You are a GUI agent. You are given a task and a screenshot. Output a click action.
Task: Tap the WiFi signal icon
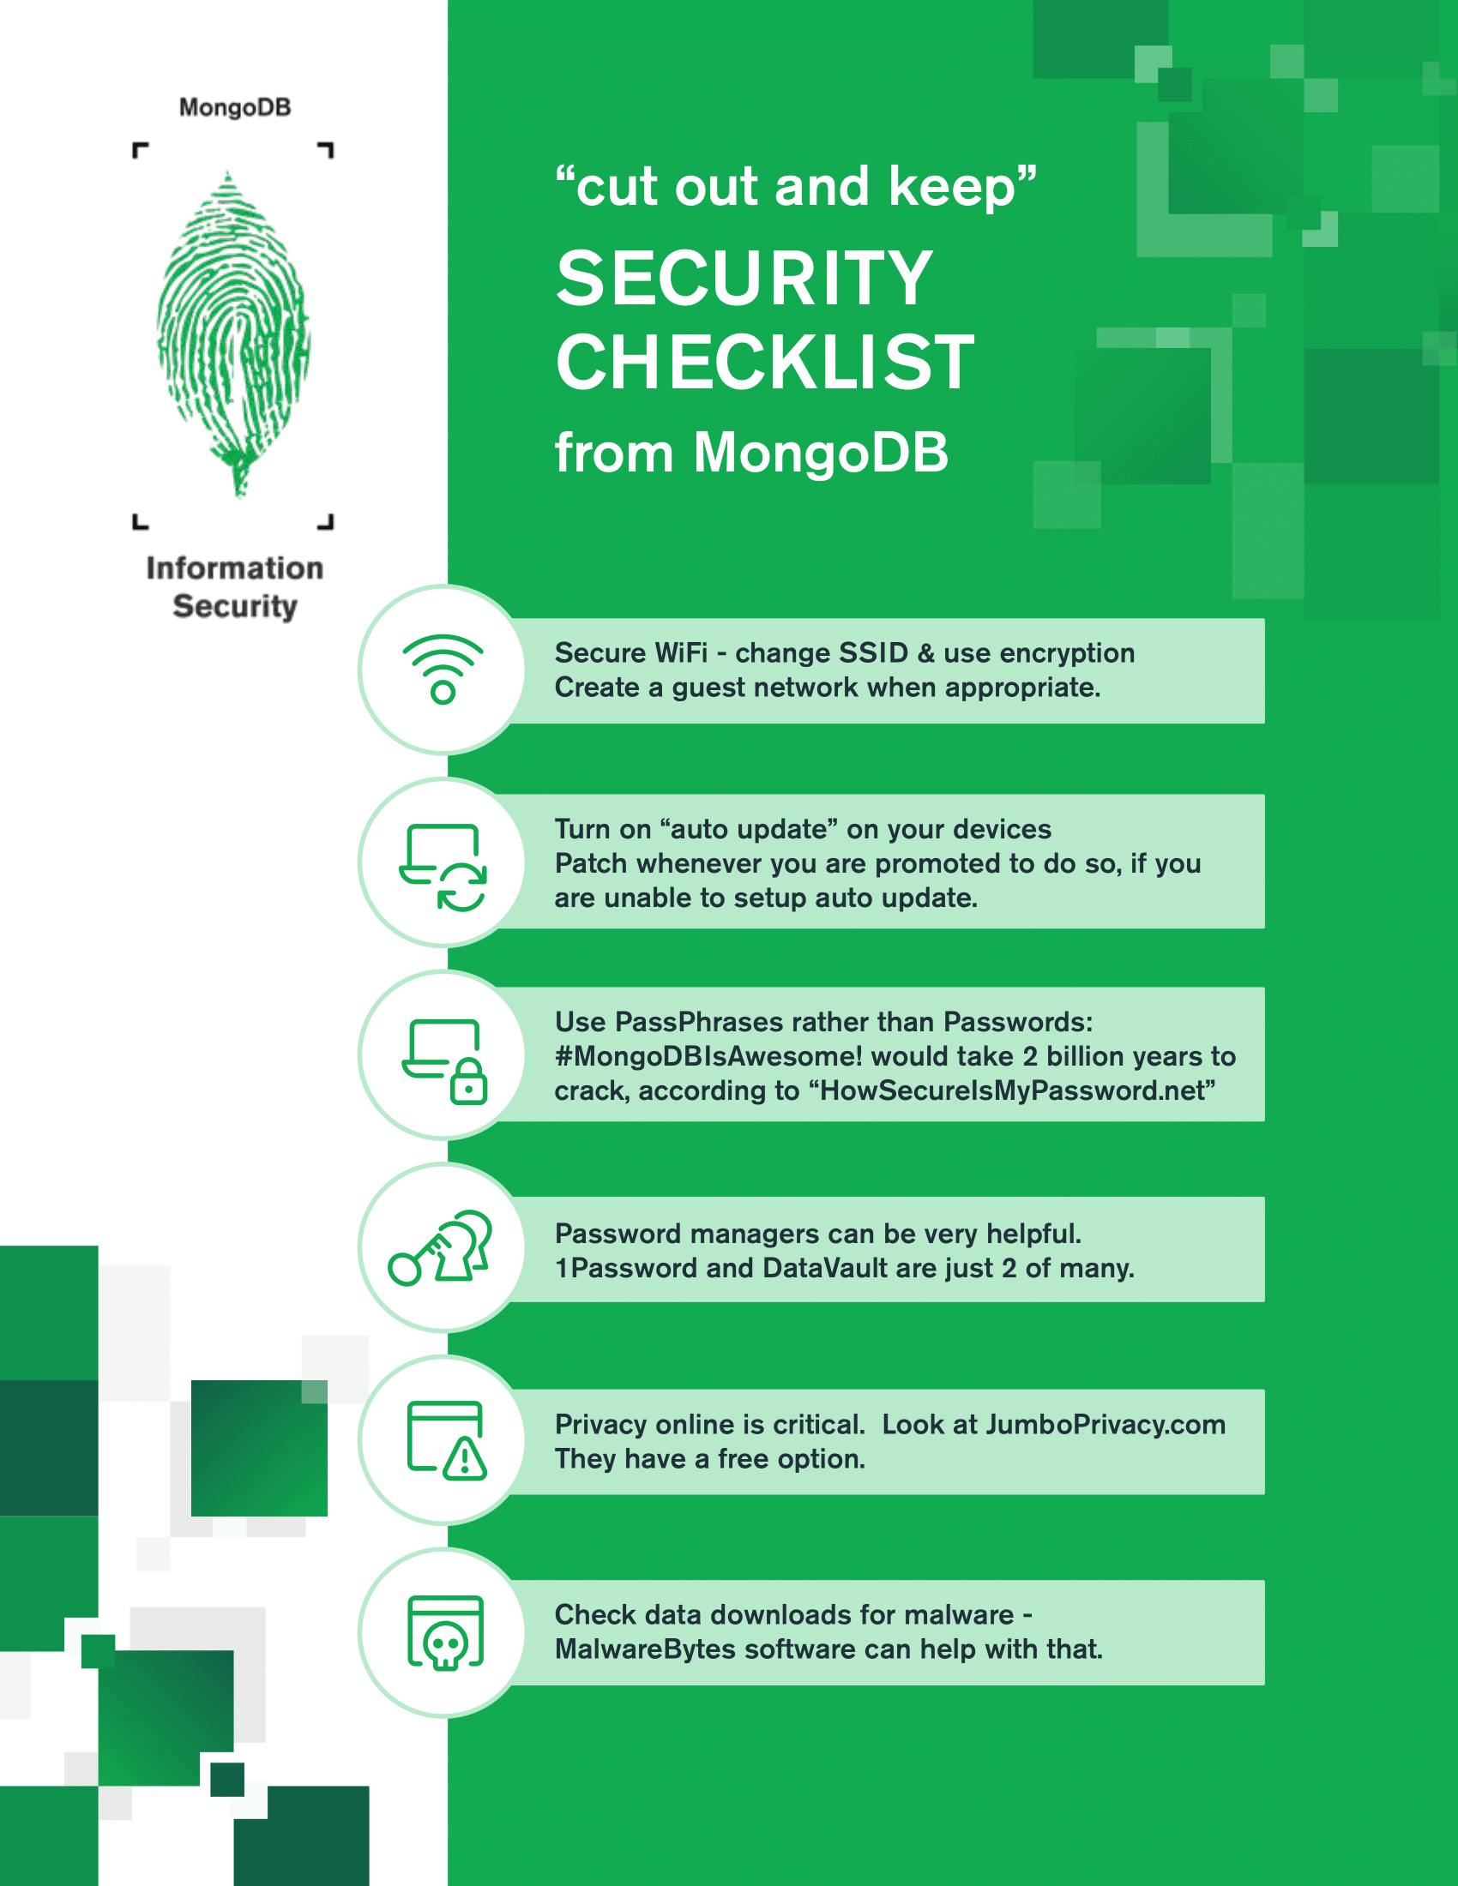443,670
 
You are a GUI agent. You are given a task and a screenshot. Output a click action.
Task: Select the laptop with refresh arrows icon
443,867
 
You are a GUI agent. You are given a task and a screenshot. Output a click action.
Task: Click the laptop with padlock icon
444,1061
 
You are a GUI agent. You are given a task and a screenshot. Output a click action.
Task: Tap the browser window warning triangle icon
446,1439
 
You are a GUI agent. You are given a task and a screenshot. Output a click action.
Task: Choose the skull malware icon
445,1631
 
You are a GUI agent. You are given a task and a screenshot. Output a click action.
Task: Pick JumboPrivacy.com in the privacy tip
1105,1424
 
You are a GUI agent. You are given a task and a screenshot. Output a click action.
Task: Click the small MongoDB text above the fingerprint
235,108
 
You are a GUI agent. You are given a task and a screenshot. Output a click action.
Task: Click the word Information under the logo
235,568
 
